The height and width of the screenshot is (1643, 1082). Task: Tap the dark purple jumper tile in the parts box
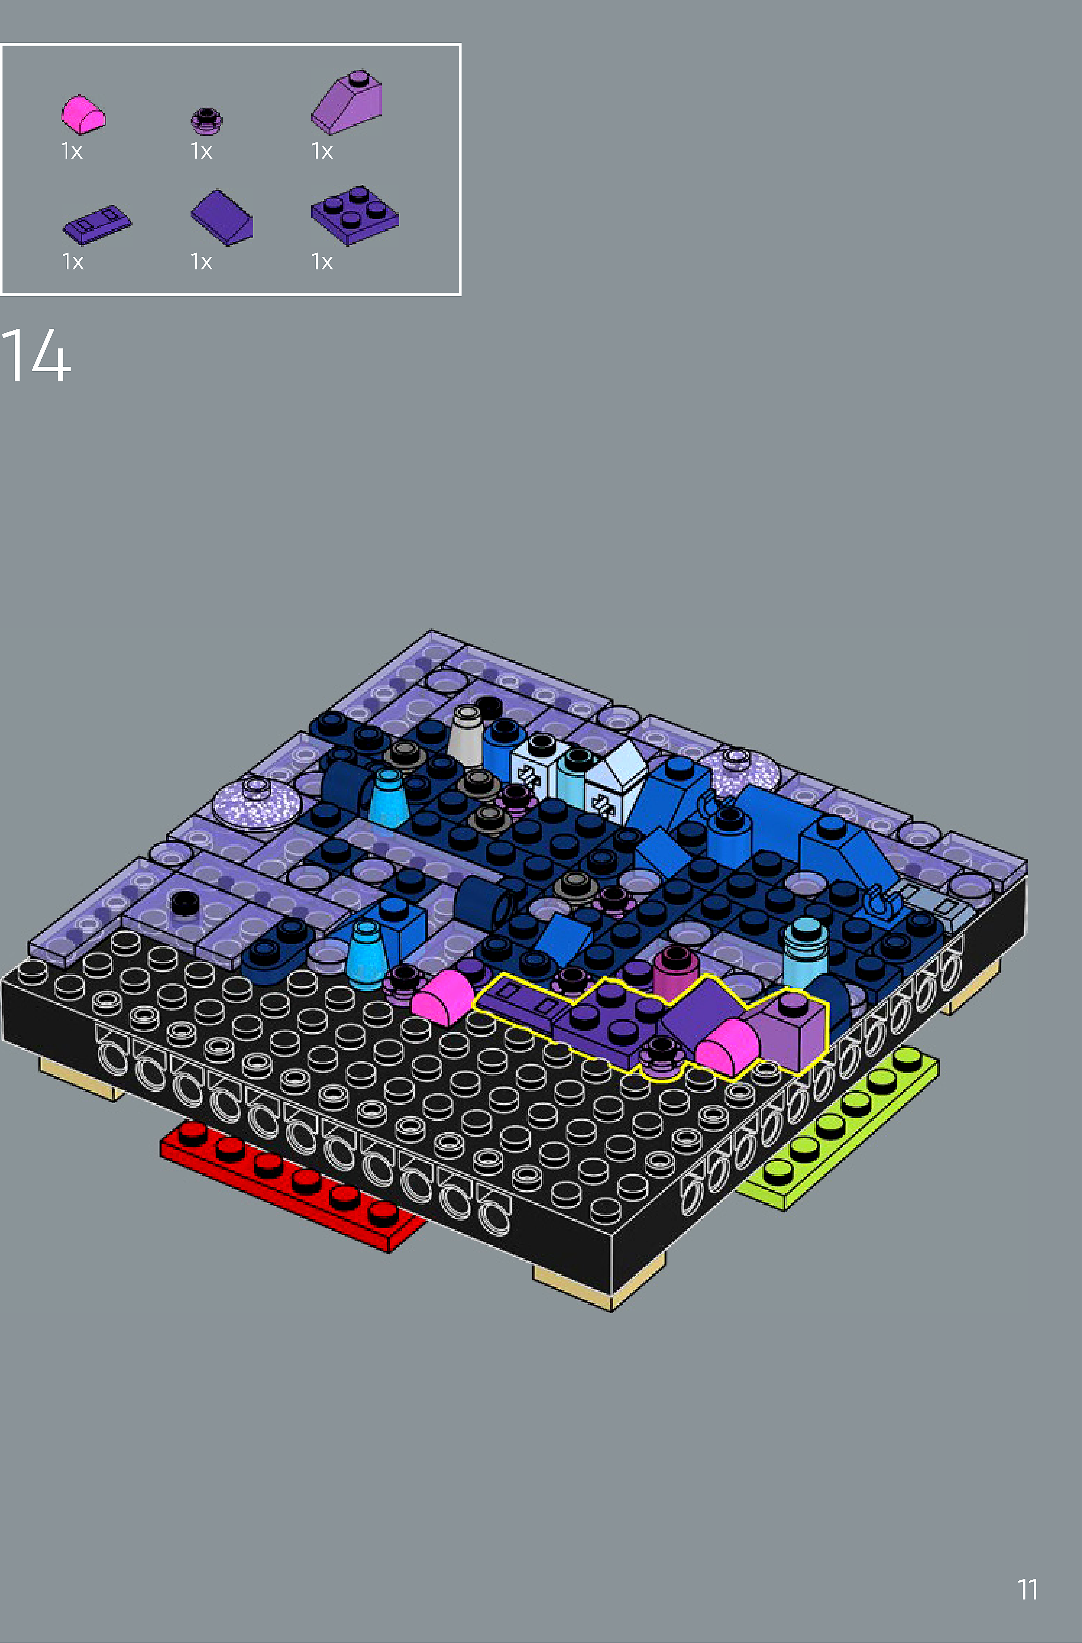[97, 224]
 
